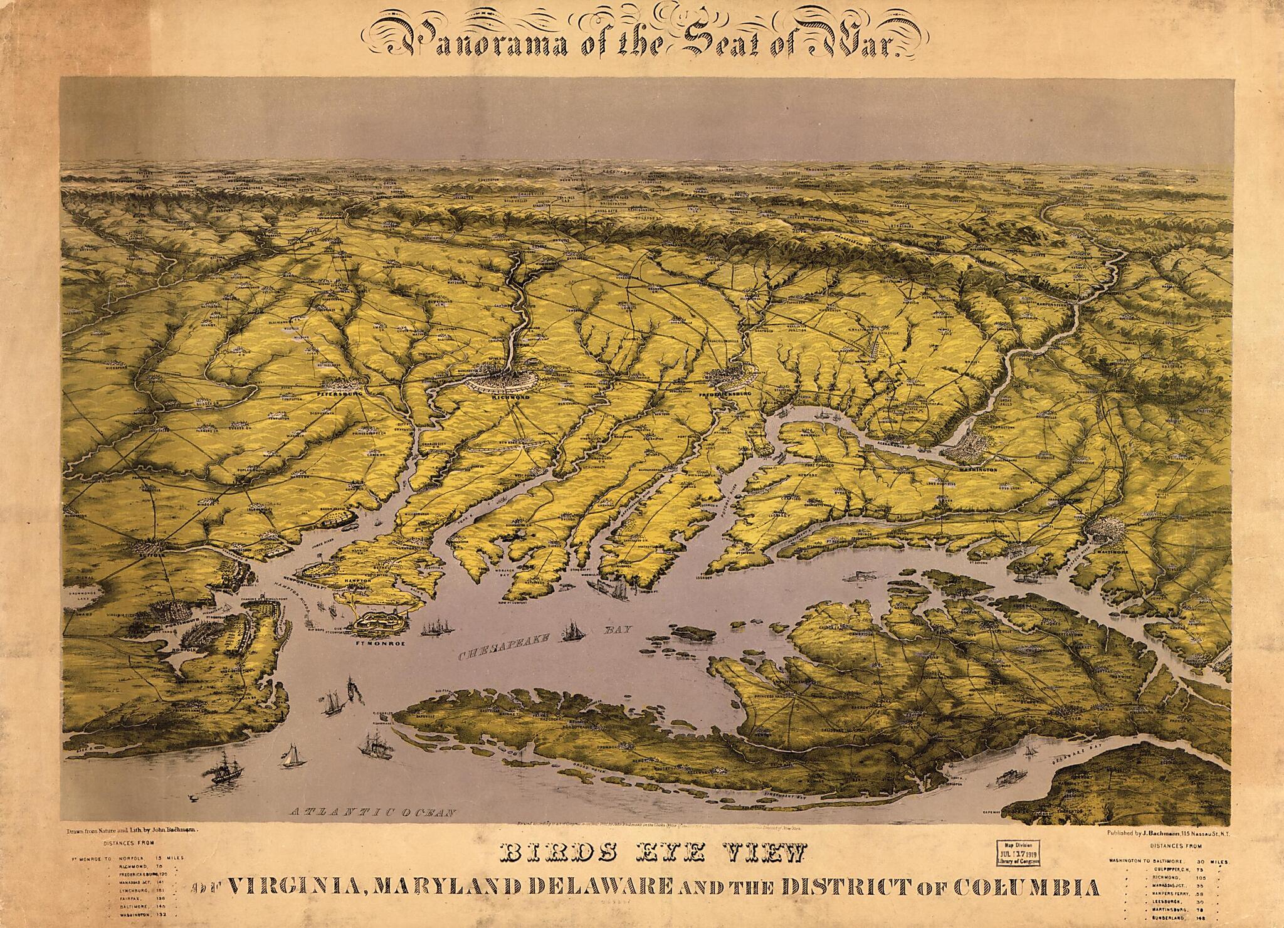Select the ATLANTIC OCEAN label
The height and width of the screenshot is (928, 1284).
[x=372, y=830]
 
